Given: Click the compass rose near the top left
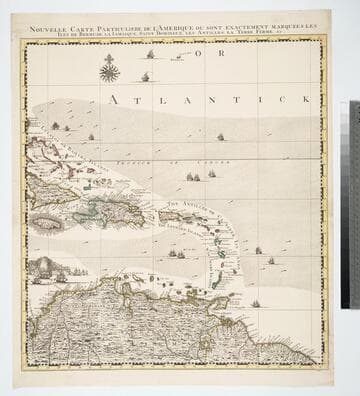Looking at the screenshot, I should pos(109,69).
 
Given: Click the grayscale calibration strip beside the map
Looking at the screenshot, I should pos(354,200).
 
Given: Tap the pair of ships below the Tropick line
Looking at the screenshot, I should pos(192,177).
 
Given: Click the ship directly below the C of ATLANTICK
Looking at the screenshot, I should pos(220,136).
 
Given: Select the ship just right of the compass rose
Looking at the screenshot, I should pos(145,76).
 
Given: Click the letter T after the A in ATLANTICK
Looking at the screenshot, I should pos(138,99).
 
